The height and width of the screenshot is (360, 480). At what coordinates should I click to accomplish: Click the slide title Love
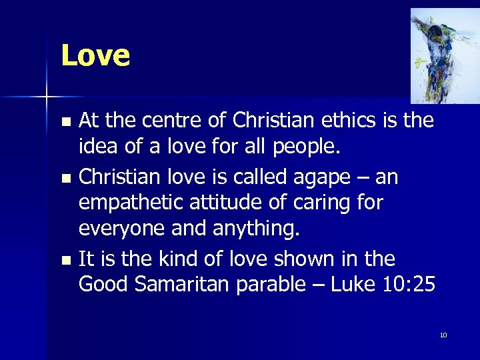click(95, 55)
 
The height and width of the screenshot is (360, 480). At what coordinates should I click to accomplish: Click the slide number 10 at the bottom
click(443, 335)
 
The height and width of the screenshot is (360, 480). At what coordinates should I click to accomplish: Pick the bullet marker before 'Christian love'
click(65, 178)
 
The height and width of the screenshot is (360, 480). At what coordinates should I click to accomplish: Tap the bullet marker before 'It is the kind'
click(65, 259)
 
